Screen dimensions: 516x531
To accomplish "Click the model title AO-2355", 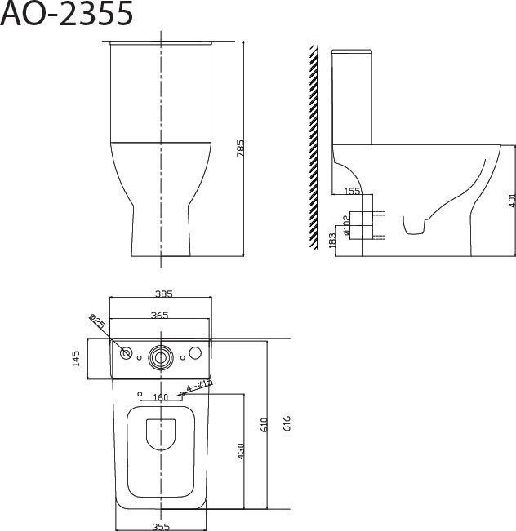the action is pos(66,14).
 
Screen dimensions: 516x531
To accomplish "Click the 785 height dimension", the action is pos(240,148).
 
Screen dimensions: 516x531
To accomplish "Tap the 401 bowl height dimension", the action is pos(512,200).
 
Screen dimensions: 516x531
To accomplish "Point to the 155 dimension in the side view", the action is pos(352,192).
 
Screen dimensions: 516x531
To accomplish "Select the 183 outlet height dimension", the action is pos(332,240).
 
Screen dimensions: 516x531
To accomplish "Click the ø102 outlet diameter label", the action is pos(346,225).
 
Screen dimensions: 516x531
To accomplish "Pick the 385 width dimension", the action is pos(164,294).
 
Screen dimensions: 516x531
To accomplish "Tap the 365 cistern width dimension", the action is pos(159,316).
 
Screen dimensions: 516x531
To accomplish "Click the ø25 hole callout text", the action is pos(98,321).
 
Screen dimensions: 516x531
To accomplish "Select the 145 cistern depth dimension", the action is pos(76,358).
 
